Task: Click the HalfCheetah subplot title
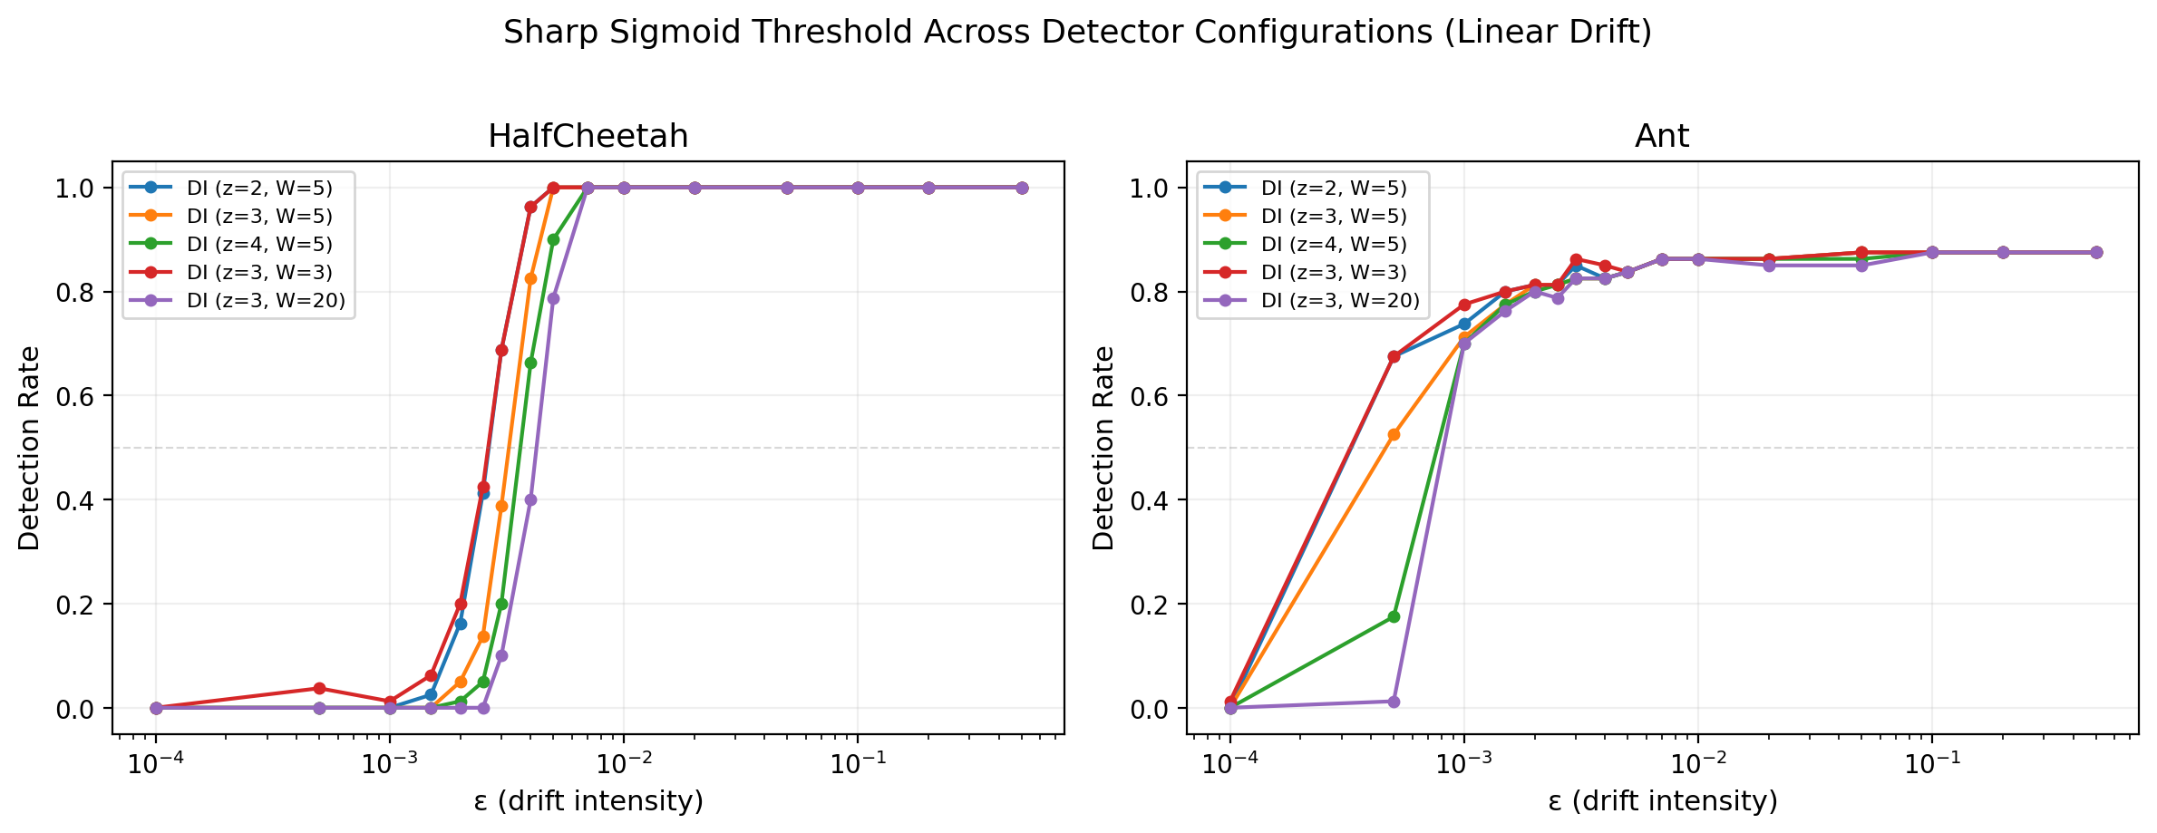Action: [x=588, y=136]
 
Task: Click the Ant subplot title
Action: [x=1661, y=136]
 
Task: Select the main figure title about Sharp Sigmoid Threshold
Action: [x=1077, y=33]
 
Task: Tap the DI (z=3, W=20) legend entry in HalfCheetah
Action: [x=266, y=301]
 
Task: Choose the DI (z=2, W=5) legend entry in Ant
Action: [x=1333, y=189]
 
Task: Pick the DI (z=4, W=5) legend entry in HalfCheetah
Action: [x=259, y=245]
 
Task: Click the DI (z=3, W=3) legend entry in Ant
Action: [x=1333, y=273]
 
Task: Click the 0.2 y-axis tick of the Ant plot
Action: [x=1149, y=605]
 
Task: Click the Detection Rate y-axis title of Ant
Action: [x=1103, y=448]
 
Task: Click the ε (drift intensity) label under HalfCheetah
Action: [x=588, y=801]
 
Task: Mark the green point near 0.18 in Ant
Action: [x=1394, y=616]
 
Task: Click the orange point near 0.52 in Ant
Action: [x=1394, y=435]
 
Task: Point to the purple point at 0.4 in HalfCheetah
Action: [x=530, y=499]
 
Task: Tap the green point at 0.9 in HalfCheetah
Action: [x=553, y=240]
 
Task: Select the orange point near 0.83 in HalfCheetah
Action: [x=530, y=278]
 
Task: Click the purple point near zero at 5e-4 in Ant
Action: [x=1394, y=702]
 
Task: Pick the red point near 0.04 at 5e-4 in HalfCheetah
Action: [x=319, y=688]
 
